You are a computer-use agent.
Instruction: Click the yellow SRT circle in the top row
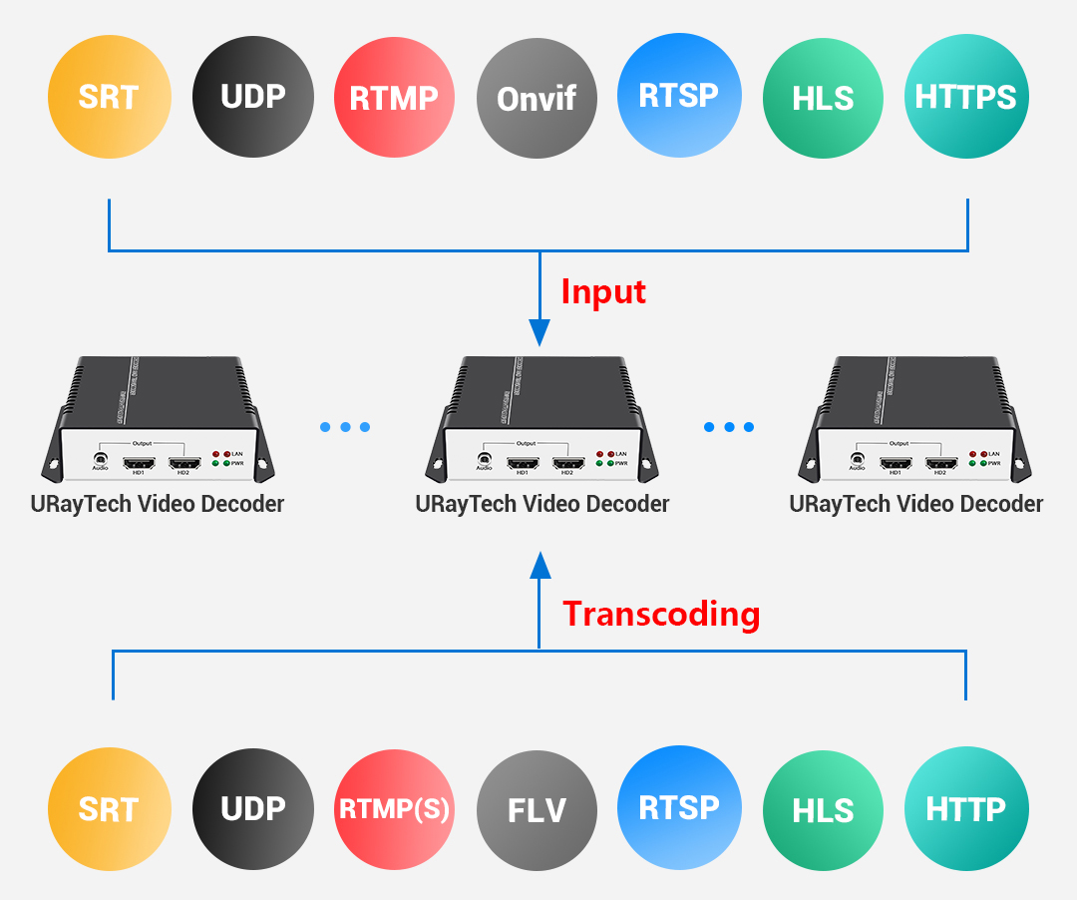(109, 97)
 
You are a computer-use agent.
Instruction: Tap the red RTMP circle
(394, 97)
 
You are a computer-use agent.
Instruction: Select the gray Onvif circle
(537, 97)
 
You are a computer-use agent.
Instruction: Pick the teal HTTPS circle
(966, 97)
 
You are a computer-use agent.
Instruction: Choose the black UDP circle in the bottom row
(252, 808)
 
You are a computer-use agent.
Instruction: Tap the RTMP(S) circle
(394, 808)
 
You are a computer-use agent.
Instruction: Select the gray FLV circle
(537, 808)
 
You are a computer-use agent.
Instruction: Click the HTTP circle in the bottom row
(966, 808)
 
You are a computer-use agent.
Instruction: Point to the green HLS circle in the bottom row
(823, 808)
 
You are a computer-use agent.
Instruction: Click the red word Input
(603, 291)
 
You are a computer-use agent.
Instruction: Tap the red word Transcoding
(661, 613)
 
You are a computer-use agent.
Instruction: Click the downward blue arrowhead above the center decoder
(539, 332)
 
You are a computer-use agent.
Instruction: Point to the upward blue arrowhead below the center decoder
(539, 566)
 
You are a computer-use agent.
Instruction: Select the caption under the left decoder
(158, 504)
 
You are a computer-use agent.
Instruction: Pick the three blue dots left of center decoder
(345, 427)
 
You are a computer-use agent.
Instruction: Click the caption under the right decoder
(915, 504)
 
